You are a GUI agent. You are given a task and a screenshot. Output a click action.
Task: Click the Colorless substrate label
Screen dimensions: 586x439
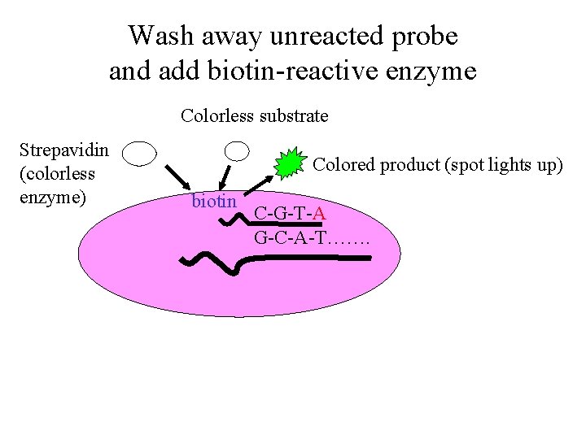tap(254, 115)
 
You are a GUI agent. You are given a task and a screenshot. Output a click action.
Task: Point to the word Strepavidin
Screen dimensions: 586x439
tap(64, 150)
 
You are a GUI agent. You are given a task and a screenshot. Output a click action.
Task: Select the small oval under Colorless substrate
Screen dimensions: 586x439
tap(237, 150)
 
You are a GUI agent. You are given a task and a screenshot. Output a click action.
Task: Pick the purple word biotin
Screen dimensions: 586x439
tap(213, 201)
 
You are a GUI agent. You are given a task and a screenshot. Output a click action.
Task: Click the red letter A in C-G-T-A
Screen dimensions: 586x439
tap(320, 215)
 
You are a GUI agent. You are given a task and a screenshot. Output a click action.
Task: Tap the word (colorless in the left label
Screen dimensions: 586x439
tap(58, 173)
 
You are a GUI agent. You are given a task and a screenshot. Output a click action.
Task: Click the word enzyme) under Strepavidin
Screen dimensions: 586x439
tap(53, 197)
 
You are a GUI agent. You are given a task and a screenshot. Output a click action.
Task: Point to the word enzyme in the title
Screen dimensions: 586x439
tap(438, 72)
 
